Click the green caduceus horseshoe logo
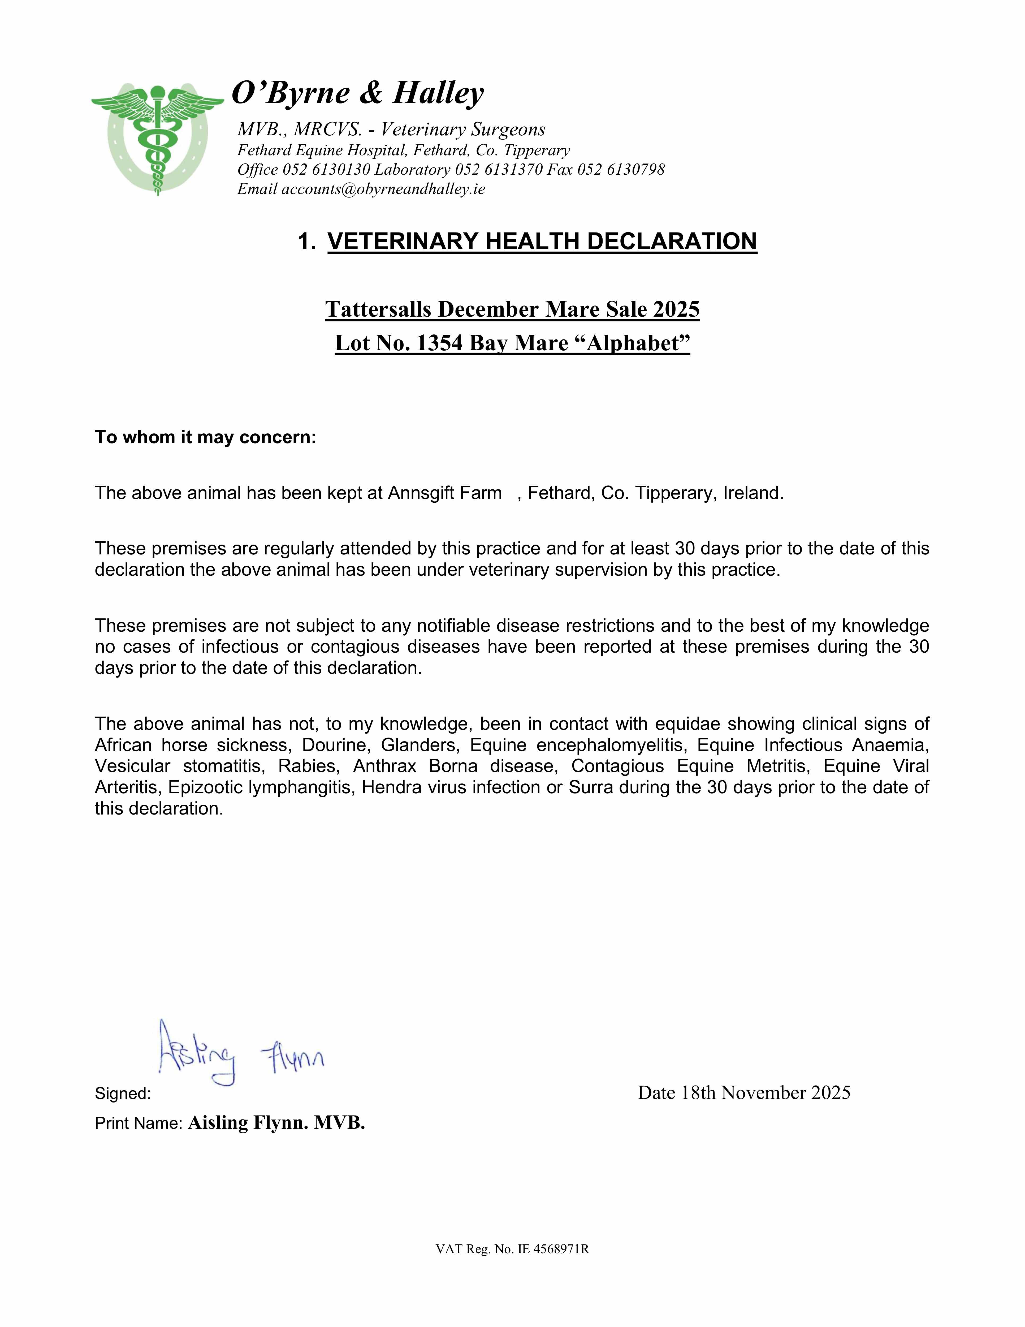(157, 139)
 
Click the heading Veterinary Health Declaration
(542, 241)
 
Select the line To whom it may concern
(205, 437)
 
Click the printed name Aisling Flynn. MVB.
(276, 1123)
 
